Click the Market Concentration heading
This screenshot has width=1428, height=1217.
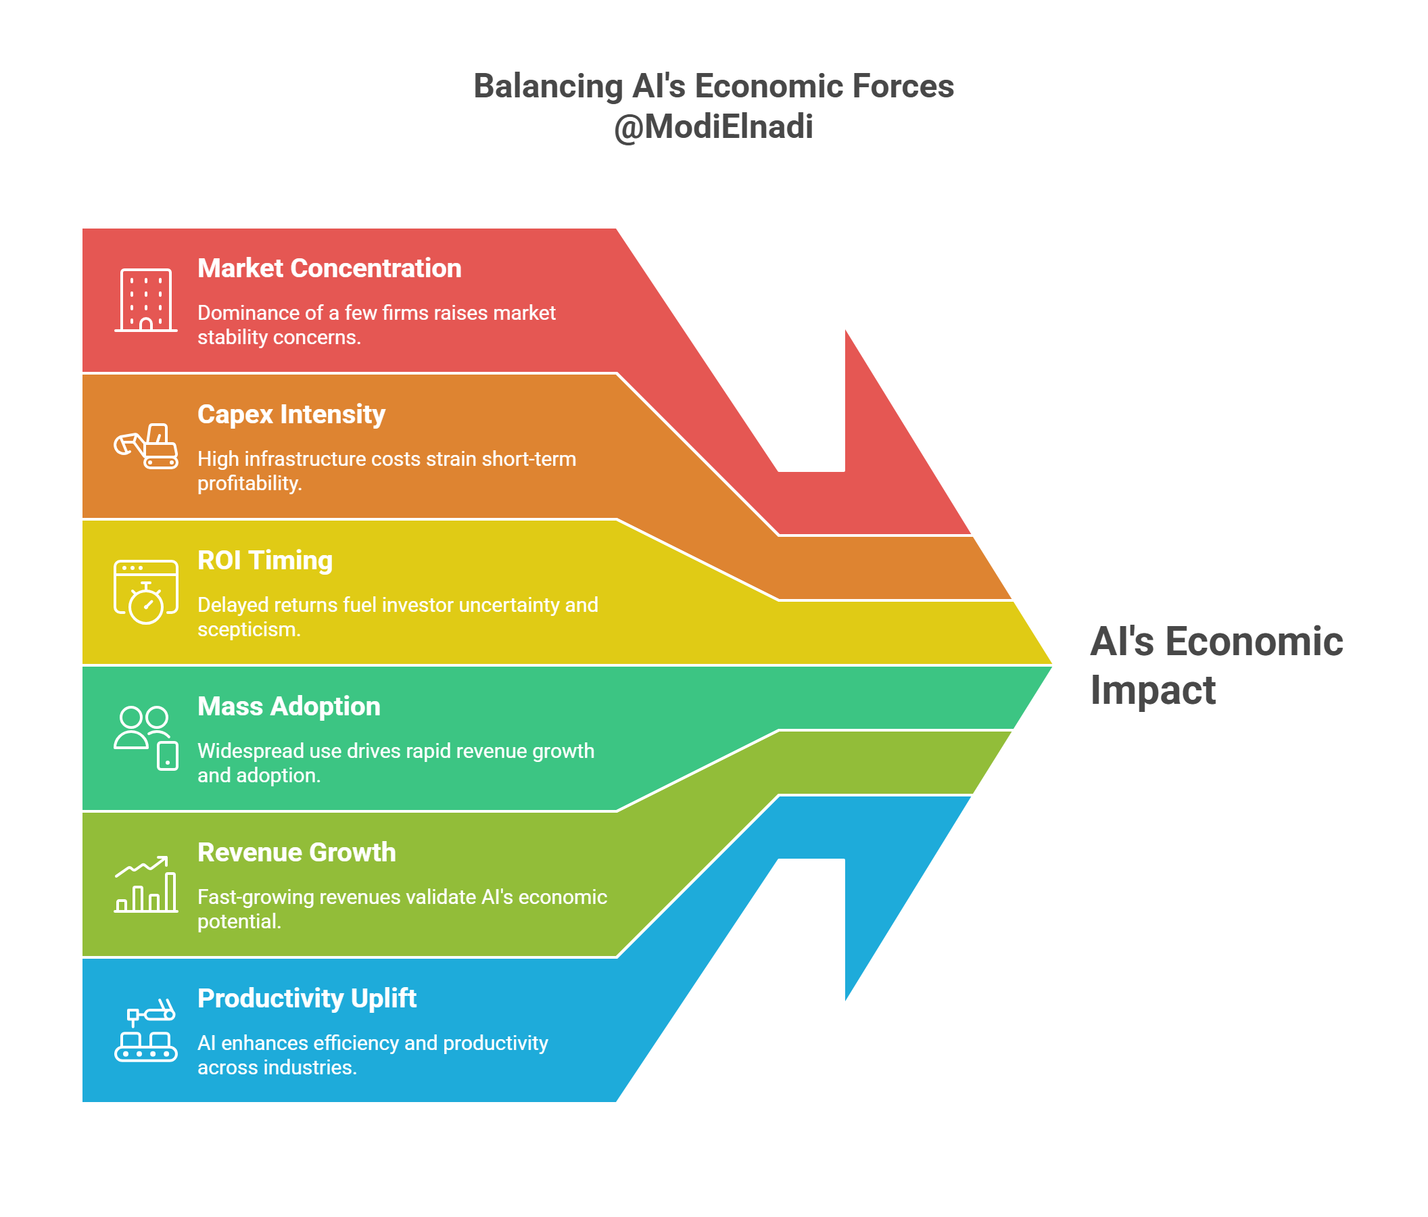pos(329,268)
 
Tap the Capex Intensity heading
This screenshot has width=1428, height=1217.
pos(291,414)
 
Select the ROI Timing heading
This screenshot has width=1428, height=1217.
pos(264,560)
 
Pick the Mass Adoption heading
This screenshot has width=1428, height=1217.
pos(289,707)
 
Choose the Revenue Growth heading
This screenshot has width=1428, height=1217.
pos(296,853)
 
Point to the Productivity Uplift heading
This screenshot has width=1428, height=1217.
pos(307,999)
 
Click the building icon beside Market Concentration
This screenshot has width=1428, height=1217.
pos(145,300)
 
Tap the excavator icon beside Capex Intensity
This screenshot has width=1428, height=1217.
pos(146,446)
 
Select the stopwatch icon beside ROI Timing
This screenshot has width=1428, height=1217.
pos(146,593)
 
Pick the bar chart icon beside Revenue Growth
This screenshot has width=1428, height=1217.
pos(146,885)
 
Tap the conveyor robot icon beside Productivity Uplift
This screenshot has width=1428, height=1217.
pos(146,1031)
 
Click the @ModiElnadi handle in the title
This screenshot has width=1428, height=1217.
pos(713,127)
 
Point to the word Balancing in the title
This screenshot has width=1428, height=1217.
pos(548,87)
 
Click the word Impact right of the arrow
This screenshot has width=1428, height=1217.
pos(1152,690)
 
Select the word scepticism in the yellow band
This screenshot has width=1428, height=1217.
pos(248,630)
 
